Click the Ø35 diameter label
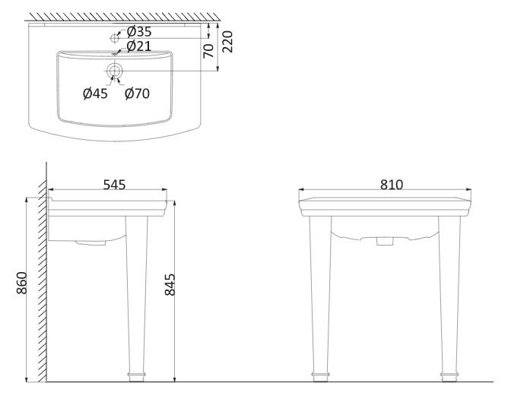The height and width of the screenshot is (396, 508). pos(140,31)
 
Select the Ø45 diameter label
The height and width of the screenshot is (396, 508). pos(96,93)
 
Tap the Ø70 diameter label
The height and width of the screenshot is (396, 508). pos(137,93)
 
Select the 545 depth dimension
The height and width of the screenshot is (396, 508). pos(113,185)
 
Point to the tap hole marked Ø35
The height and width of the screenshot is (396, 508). pos(115,36)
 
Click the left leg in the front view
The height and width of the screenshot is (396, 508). pos(322,296)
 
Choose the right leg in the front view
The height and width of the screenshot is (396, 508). pos(448,296)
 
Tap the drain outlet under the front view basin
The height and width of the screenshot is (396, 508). pos(386,242)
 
